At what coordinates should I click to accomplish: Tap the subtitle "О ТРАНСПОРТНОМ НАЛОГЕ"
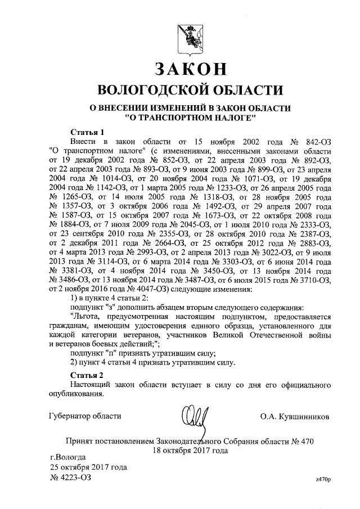190,118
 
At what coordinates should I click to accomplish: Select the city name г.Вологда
68,457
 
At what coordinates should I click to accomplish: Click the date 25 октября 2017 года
88,467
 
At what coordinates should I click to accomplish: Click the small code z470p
323,479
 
